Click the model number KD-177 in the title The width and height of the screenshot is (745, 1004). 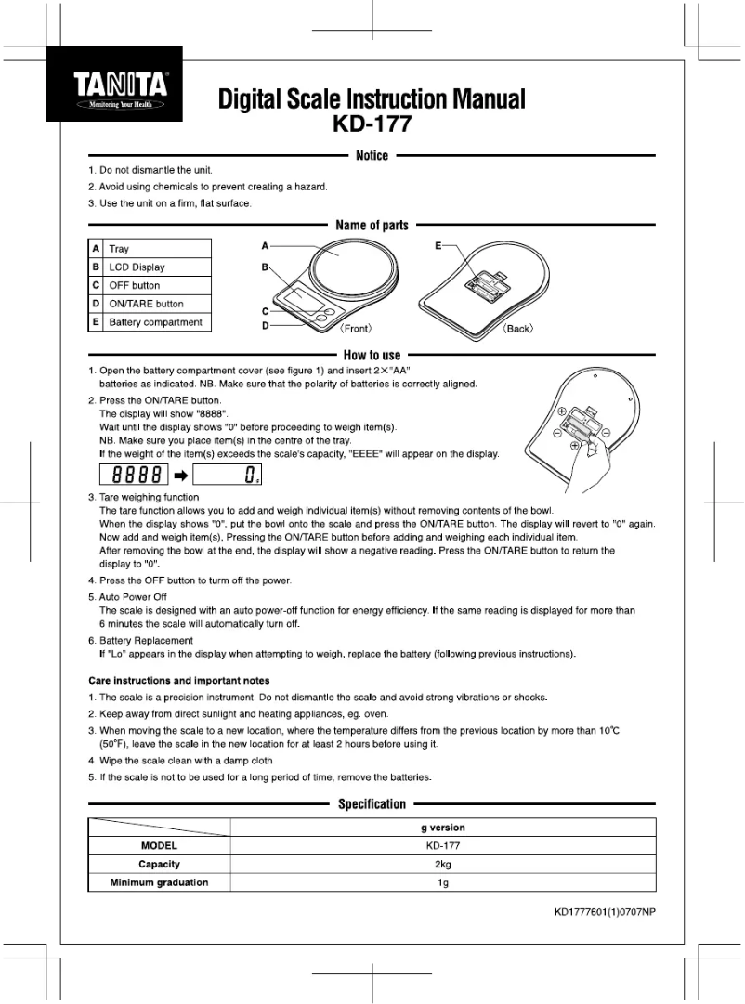372,123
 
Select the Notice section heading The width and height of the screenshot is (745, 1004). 372,156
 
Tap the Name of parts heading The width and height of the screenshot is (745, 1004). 372,226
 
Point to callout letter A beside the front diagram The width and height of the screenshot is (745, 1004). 265,246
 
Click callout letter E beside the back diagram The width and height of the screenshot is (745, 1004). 438,246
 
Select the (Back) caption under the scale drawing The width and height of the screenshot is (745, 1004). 517,329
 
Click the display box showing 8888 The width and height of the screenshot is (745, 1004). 134,476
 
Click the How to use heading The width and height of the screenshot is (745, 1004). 372,355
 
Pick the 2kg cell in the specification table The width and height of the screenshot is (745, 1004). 443,864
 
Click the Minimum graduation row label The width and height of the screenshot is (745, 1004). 159,882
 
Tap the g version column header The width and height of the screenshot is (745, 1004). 443,828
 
